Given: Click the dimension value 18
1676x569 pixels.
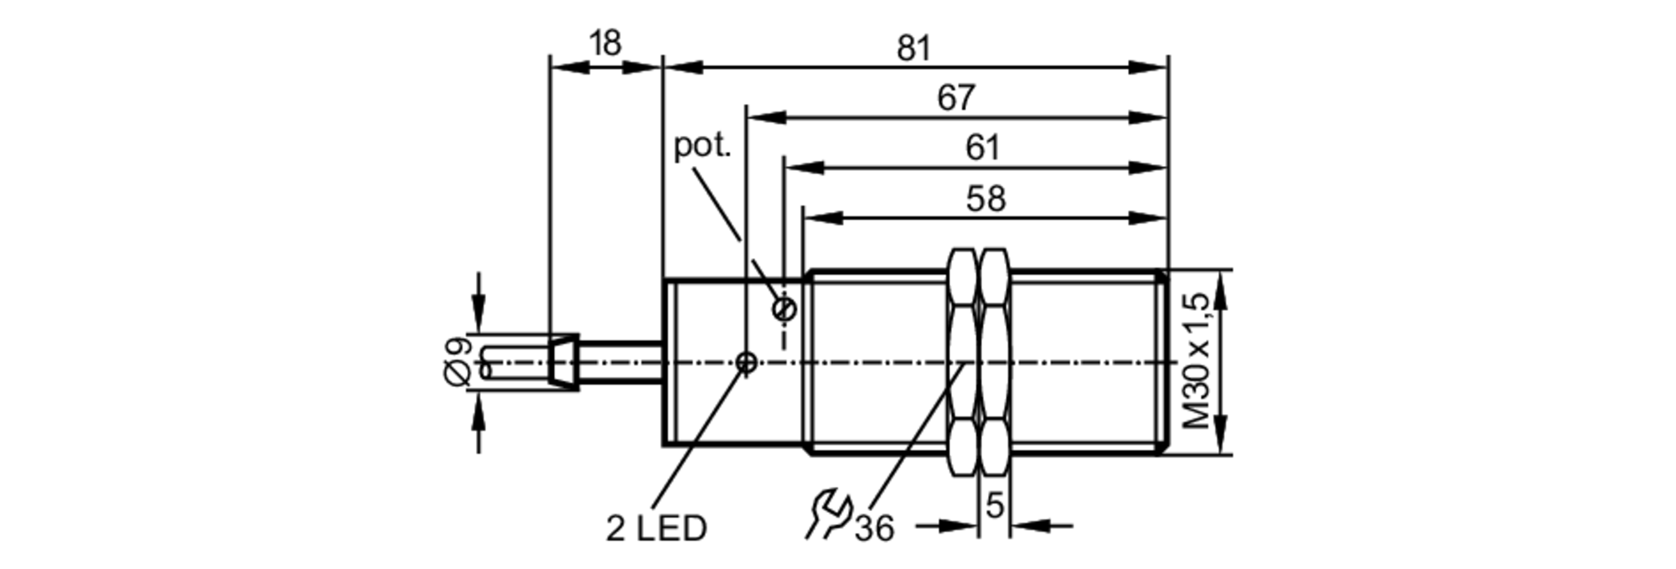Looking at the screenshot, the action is tap(605, 43).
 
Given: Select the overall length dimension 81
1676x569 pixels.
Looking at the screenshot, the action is tap(914, 49).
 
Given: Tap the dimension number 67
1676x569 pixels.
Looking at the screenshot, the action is tap(956, 98).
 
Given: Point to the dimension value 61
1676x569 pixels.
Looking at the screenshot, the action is tap(983, 148).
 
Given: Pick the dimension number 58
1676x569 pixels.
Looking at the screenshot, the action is tap(985, 199).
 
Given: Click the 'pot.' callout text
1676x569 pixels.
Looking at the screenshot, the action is tap(703, 146).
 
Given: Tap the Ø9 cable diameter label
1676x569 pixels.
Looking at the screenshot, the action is tap(458, 361).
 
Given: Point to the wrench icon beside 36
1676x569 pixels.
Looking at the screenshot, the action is tap(829, 515).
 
